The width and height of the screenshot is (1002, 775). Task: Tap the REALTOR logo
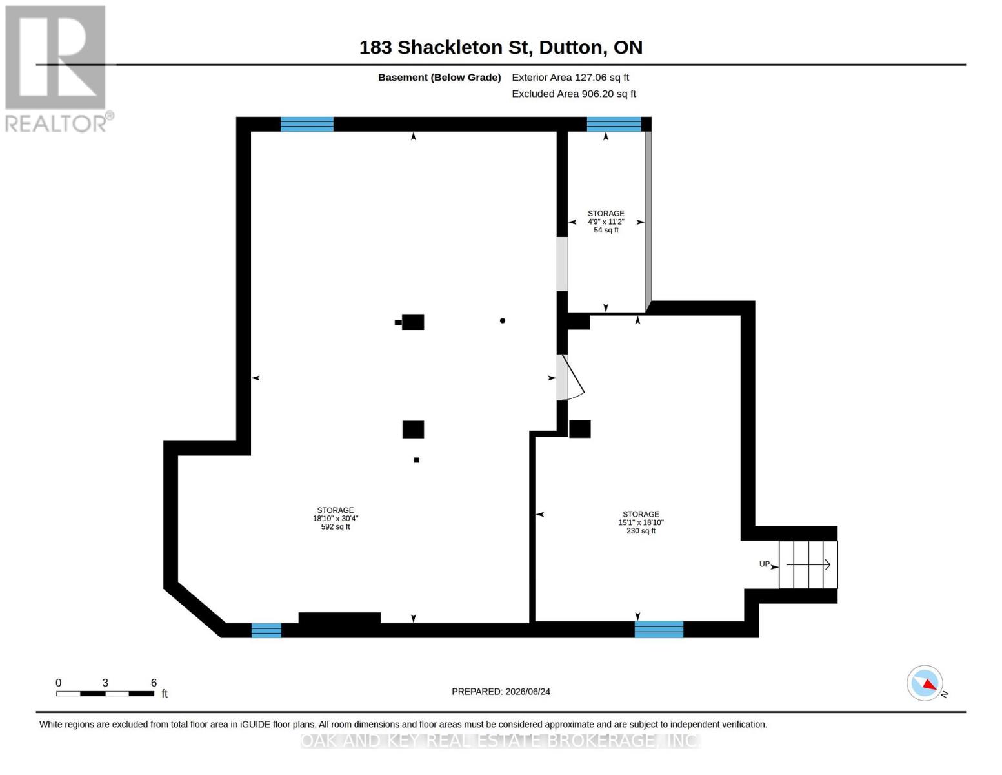[x=57, y=69]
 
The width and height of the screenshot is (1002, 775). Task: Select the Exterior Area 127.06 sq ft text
[x=570, y=77]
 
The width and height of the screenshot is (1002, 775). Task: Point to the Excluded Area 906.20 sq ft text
[x=574, y=94]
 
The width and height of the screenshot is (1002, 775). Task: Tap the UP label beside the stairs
[x=764, y=564]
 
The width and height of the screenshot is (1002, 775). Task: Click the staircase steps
[x=808, y=564]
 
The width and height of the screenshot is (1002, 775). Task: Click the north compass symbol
[x=925, y=683]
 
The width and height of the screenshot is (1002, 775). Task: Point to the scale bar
[x=105, y=693]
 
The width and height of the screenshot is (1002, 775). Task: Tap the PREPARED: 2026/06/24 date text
[x=501, y=692]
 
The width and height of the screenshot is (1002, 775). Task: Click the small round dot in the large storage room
[x=502, y=321]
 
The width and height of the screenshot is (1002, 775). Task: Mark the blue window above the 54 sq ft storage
[x=614, y=124]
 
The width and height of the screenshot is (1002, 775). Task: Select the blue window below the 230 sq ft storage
[x=659, y=630]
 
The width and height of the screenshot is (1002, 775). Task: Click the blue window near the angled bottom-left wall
[x=266, y=630]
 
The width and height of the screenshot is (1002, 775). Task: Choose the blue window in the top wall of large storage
[x=306, y=124]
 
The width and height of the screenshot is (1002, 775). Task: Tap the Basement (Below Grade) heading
[x=439, y=77]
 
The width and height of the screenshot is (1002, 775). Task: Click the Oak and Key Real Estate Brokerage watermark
[x=501, y=741]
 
